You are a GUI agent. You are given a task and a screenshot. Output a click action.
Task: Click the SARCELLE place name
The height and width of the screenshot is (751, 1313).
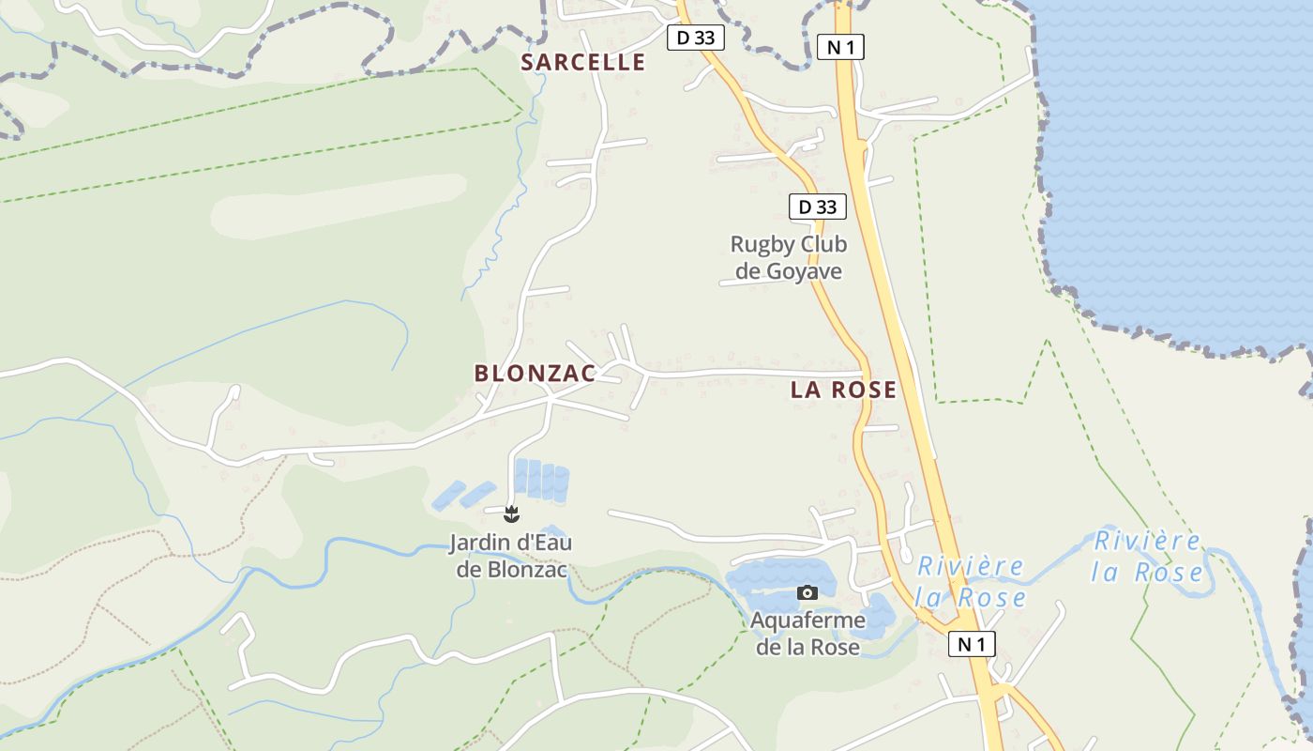pos(583,62)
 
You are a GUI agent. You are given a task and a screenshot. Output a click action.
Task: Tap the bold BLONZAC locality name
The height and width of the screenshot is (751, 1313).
pos(535,373)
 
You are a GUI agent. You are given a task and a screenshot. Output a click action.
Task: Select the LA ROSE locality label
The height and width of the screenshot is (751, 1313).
pos(843,390)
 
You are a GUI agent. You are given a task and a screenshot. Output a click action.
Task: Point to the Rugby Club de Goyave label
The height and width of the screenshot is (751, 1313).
pos(788,258)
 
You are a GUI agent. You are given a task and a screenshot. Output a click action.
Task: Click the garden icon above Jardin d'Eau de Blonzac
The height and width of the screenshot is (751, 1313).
pos(511,513)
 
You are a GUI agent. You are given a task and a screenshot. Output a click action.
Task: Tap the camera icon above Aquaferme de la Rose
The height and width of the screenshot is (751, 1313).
pos(807,592)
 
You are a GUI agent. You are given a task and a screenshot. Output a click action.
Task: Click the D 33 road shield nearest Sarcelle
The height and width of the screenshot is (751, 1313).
pos(695,38)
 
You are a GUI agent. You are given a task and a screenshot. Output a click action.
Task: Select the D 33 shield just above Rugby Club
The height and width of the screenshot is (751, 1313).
pos(818,207)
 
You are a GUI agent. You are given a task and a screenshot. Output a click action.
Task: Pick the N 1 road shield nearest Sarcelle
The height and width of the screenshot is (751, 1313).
pos(840,47)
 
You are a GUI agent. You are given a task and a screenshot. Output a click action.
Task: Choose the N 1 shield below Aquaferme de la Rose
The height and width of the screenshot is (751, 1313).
pos(972,644)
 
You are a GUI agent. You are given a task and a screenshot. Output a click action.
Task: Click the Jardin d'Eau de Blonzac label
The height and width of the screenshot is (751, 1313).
pos(511,556)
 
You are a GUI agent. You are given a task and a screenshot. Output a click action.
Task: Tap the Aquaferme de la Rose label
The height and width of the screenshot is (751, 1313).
pos(807,634)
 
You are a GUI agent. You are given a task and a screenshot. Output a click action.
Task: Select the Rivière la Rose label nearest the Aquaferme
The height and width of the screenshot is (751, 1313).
pos(970,581)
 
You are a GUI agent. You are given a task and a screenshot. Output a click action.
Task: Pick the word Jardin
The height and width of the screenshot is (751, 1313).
pos(476,543)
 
